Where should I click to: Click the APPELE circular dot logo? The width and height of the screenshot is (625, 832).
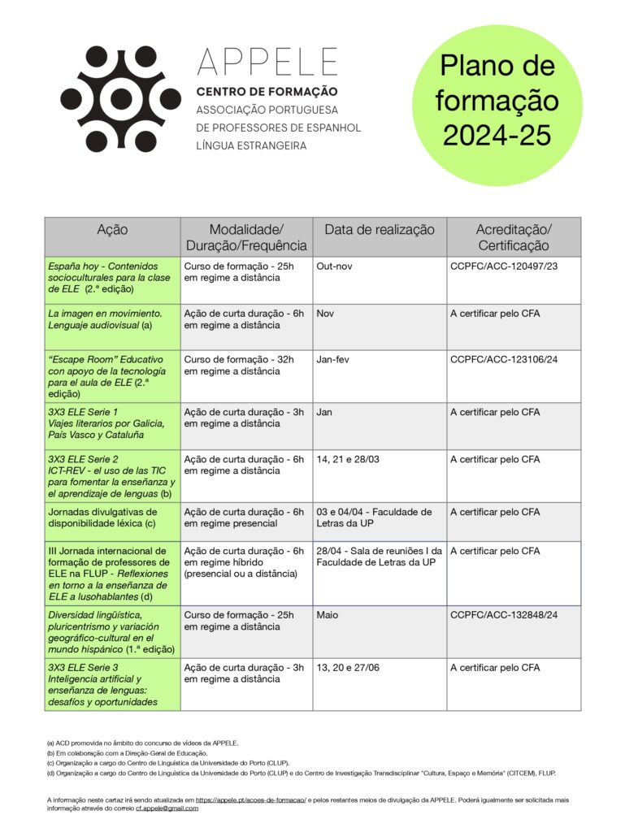pyautogui.click(x=120, y=99)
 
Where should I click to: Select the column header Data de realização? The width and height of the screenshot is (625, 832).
pyautogui.click(x=380, y=230)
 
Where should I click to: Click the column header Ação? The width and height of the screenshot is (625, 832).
pyautogui.click(x=112, y=230)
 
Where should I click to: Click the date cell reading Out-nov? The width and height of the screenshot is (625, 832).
pyautogui.click(x=335, y=266)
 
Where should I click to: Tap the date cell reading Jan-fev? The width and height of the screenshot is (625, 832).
pyautogui.click(x=334, y=359)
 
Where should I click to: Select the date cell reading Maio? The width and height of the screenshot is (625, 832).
pyautogui.click(x=329, y=615)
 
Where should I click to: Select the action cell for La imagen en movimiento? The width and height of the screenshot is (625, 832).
pyautogui.click(x=105, y=318)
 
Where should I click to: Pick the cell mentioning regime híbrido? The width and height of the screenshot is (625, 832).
pyautogui.click(x=244, y=562)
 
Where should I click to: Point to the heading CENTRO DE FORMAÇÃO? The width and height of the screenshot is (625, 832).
pyautogui.click(x=267, y=92)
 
